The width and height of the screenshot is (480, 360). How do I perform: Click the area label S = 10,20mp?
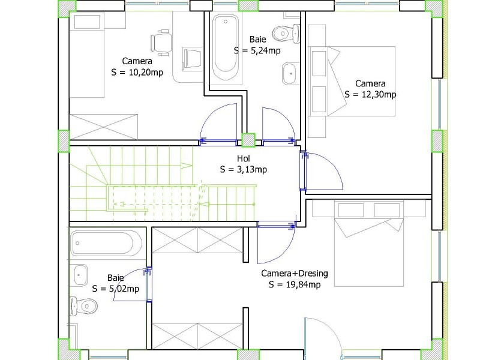[137, 73]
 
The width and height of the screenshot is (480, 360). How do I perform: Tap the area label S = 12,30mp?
[370, 94]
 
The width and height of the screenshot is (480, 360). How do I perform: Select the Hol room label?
[244, 158]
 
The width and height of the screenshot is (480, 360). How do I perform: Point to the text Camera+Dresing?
[295, 273]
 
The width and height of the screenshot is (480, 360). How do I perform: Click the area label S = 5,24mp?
[257, 50]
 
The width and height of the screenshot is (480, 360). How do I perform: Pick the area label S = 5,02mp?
[116, 289]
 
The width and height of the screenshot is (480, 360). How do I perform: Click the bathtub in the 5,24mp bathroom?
[226, 47]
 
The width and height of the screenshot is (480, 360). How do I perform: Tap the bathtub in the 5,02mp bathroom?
[106, 244]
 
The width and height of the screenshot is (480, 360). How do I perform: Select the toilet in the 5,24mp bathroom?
[286, 33]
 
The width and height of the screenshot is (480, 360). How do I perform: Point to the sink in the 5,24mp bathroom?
[290, 73]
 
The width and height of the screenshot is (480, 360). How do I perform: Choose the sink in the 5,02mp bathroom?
[80, 275]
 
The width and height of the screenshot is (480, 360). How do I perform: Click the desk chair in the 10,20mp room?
[161, 43]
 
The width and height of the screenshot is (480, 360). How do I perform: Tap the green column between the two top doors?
[248, 140]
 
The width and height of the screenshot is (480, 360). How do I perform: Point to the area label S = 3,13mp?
[244, 169]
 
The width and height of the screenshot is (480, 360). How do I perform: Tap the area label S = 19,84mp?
[295, 284]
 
